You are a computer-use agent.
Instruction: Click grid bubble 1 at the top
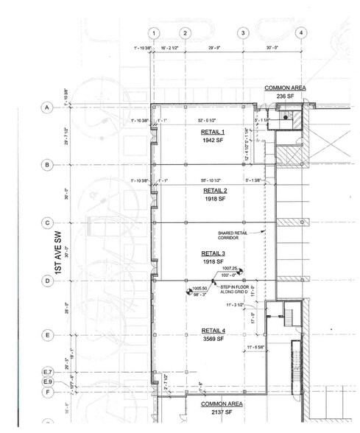(153, 33)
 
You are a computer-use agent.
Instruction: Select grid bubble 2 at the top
(186, 33)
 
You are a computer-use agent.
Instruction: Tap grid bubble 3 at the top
(242, 33)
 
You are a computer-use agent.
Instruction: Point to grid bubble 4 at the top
(300, 33)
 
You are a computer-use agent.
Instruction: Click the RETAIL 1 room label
(212, 132)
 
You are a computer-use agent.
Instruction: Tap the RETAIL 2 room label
(216, 190)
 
